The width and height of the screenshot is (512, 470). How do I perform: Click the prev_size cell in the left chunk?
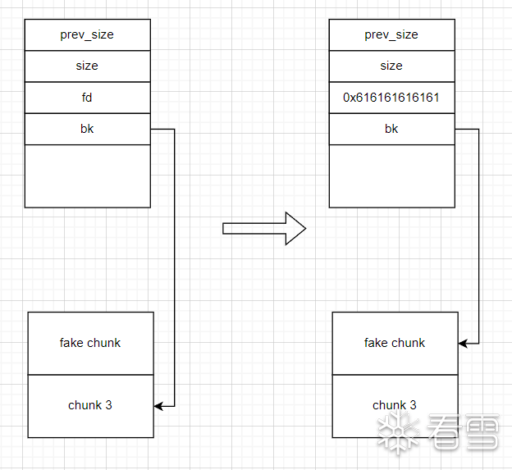click(87, 34)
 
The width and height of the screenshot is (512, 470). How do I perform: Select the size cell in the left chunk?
click(87, 66)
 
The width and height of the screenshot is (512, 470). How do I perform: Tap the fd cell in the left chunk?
click(87, 98)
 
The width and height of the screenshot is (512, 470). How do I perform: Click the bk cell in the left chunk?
click(87, 129)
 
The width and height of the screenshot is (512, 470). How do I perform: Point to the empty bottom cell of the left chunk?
click(87, 176)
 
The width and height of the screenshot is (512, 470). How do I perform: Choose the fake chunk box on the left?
click(90, 343)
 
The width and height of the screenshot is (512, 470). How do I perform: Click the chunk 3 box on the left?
click(90, 405)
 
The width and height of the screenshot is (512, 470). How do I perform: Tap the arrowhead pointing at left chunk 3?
click(159, 405)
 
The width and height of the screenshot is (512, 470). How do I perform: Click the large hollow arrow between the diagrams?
click(263, 228)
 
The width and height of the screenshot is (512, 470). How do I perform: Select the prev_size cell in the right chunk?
click(391, 34)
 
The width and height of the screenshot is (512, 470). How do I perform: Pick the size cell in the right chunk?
click(391, 66)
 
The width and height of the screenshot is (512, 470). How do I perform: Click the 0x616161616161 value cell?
click(391, 98)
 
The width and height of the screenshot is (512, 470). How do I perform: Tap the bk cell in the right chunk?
click(391, 129)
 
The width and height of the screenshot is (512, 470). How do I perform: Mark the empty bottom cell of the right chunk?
click(391, 176)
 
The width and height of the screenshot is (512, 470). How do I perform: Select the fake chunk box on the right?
click(395, 343)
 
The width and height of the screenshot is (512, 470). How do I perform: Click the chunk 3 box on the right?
click(395, 405)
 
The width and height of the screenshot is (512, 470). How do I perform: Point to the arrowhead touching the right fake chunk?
click(464, 343)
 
